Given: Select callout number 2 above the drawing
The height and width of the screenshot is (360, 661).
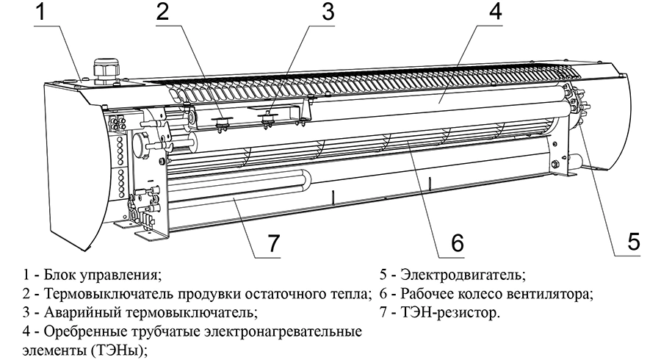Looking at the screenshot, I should tap(163, 12).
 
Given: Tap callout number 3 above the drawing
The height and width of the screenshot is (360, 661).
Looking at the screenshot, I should tap(327, 12).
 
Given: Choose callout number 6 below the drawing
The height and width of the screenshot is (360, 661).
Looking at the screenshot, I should tap(457, 242).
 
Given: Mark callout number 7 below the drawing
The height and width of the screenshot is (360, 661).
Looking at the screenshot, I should tap(273, 244).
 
